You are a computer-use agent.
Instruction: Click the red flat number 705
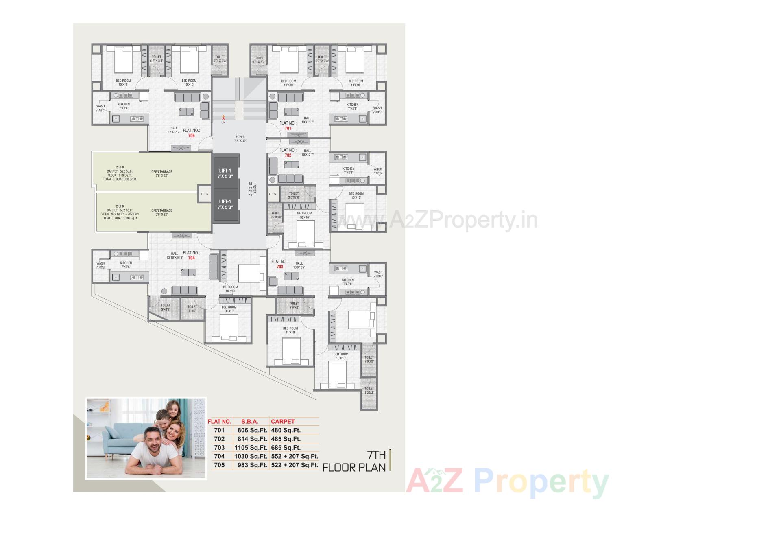click(x=191, y=136)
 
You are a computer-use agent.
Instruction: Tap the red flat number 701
click(x=288, y=128)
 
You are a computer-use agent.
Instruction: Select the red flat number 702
click(x=288, y=155)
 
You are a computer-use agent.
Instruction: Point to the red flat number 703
click(x=280, y=267)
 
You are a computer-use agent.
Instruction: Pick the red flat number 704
click(x=191, y=258)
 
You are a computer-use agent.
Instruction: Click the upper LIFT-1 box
click(x=225, y=173)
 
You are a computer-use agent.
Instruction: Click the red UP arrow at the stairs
click(x=223, y=118)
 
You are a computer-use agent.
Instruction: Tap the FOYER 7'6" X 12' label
click(x=240, y=139)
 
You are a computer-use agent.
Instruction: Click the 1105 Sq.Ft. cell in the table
click(x=251, y=448)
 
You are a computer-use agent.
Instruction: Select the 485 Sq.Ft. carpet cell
click(x=286, y=439)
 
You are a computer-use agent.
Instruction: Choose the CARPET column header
click(x=283, y=422)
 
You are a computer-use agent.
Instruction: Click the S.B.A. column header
click(x=250, y=422)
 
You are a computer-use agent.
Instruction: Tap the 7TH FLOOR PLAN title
click(x=354, y=461)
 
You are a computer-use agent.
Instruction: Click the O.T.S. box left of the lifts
click(x=205, y=194)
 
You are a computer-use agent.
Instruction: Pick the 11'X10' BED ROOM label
click(x=290, y=330)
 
